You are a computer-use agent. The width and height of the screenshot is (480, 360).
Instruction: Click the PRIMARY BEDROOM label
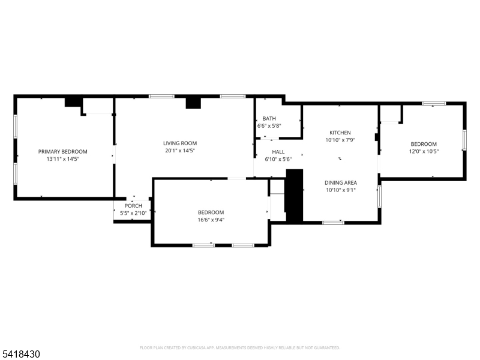(63, 152)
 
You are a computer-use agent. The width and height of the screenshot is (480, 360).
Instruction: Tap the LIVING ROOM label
(180, 143)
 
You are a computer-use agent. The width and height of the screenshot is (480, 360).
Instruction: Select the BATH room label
(269, 118)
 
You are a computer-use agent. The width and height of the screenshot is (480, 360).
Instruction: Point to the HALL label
(278, 152)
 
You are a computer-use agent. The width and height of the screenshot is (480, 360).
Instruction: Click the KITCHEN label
(340, 133)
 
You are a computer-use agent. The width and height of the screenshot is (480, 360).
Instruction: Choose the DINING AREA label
(341, 183)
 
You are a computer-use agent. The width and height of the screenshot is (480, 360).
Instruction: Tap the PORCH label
(133, 206)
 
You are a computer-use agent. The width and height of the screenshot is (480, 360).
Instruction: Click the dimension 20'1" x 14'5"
(180, 151)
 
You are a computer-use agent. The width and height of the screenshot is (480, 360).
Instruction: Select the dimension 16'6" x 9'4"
(211, 220)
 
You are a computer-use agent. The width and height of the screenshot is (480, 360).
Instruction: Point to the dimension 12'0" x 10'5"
(424, 151)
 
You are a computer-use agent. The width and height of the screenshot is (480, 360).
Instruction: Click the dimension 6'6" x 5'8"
(269, 126)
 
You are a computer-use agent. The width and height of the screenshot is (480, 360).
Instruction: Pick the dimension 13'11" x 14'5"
(63, 159)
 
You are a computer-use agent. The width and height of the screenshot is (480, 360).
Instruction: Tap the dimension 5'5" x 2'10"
(133, 213)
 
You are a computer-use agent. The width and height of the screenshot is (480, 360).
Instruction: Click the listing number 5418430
(20, 354)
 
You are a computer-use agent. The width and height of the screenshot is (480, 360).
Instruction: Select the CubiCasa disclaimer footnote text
(239, 348)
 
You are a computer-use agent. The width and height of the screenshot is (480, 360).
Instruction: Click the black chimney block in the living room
(193, 103)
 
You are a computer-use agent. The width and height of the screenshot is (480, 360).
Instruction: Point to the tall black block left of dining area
(295, 196)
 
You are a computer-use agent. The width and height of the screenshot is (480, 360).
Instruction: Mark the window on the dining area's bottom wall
(333, 223)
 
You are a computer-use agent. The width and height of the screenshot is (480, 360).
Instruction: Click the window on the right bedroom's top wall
(434, 103)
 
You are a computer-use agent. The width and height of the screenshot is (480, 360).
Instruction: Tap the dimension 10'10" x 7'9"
(340, 140)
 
